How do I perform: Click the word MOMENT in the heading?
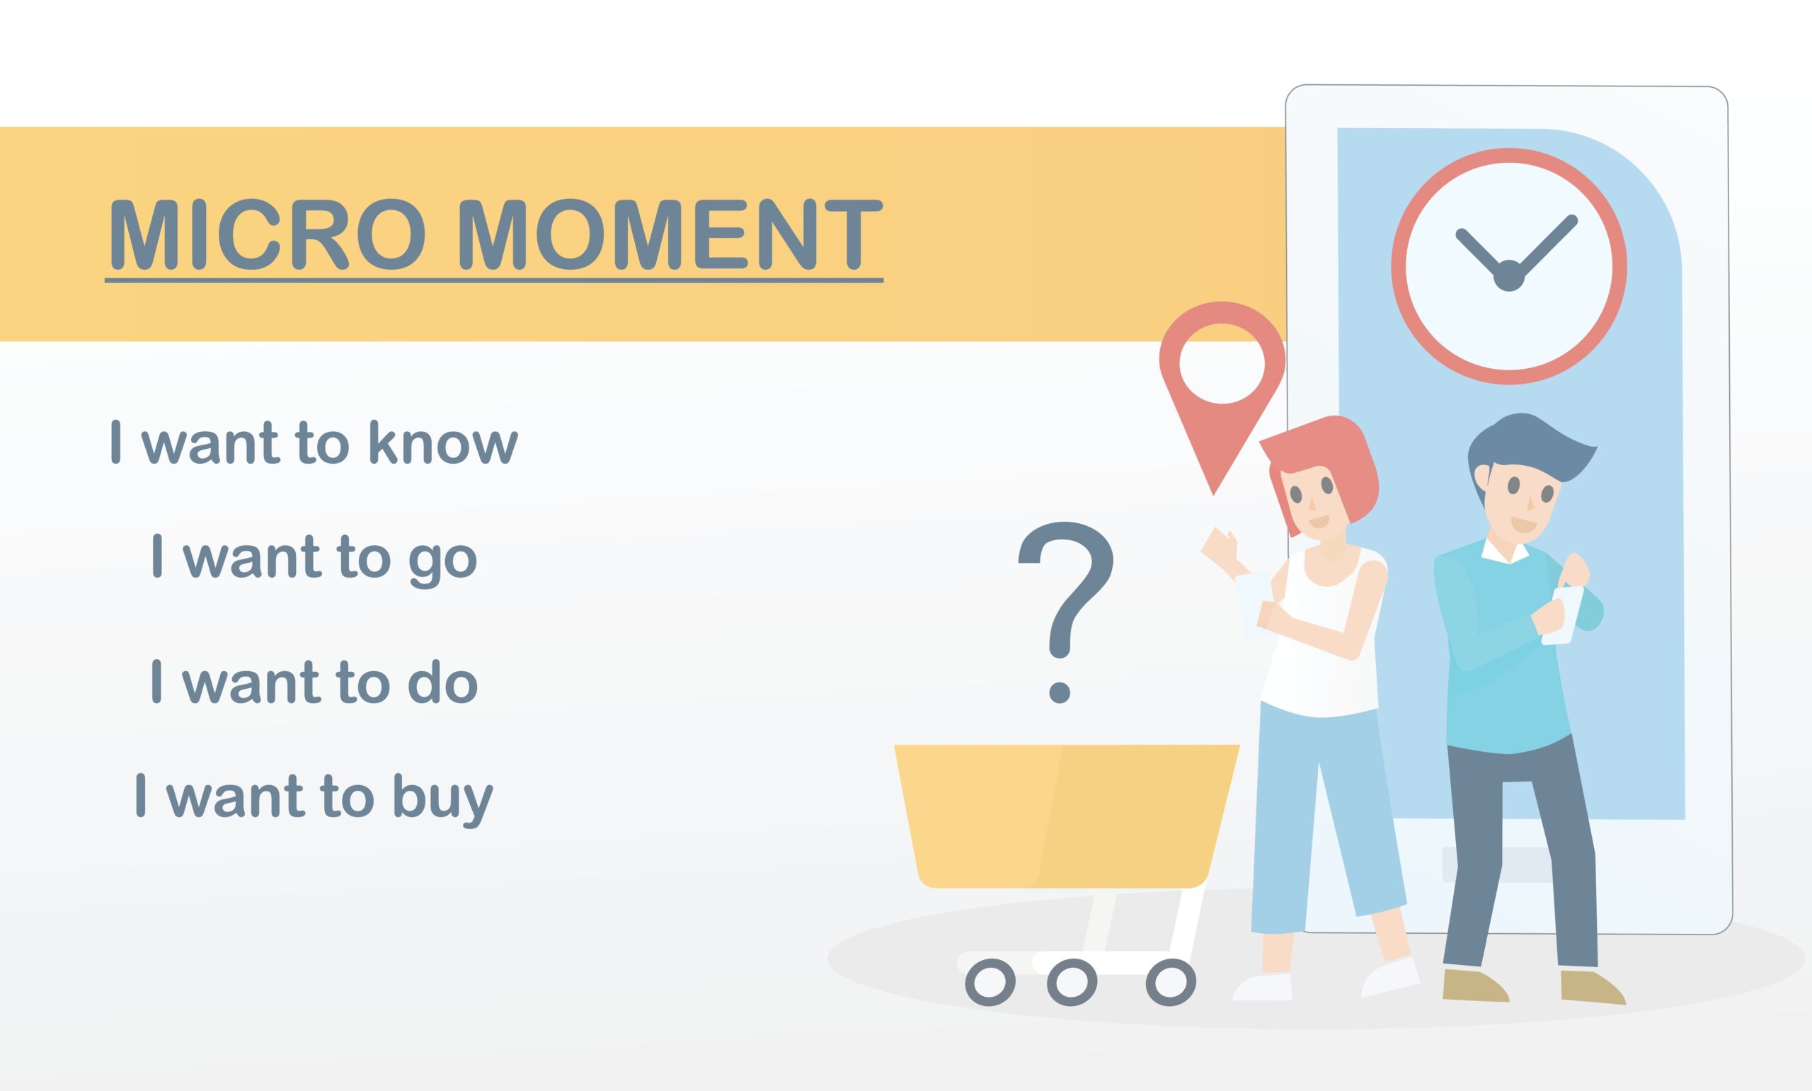[x=670, y=234]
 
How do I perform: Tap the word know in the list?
[x=443, y=442]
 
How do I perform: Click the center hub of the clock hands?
[x=1508, y=275]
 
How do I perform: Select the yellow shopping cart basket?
[x=1066, y=816]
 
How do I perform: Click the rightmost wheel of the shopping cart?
[x=1171, y=981]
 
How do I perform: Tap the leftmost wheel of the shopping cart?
[x=990, y=981]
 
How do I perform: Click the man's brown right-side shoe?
[x=1593, y=987]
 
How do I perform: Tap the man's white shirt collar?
[x=1505, y=549]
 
